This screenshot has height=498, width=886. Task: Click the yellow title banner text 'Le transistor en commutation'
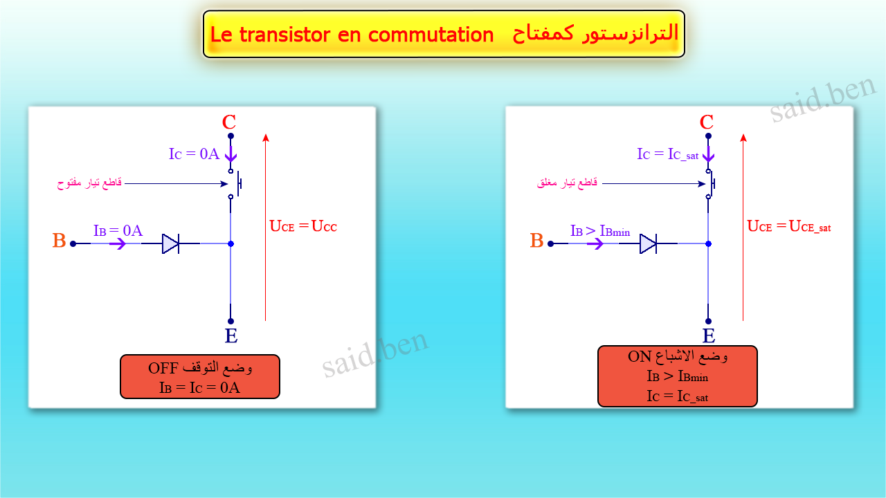[352, 35]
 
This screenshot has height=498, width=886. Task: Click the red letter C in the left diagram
[229, 122]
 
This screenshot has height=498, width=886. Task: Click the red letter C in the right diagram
[707, 122]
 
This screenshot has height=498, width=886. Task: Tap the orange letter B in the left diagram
[60, 241]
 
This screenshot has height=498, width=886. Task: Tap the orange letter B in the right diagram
[537, 241]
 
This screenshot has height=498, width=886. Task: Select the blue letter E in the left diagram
[231, 336]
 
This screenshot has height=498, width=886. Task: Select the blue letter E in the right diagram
[709, 336]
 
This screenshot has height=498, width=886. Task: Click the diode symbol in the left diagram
[171, 243]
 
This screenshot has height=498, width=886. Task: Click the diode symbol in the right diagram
[649, 243]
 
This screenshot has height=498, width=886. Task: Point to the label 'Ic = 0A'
[194, 154]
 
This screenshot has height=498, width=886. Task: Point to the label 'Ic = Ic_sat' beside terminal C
[668, 154]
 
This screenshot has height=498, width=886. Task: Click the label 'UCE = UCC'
[303, 226]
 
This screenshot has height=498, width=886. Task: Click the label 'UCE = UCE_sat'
[789, 226]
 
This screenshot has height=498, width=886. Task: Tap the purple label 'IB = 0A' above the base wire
[118, 231]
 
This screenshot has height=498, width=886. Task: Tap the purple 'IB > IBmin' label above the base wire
[600, 231]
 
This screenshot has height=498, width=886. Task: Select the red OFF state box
[200, 377]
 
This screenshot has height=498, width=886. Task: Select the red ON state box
[678, 376]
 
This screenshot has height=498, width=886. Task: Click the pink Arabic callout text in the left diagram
[89, 183]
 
